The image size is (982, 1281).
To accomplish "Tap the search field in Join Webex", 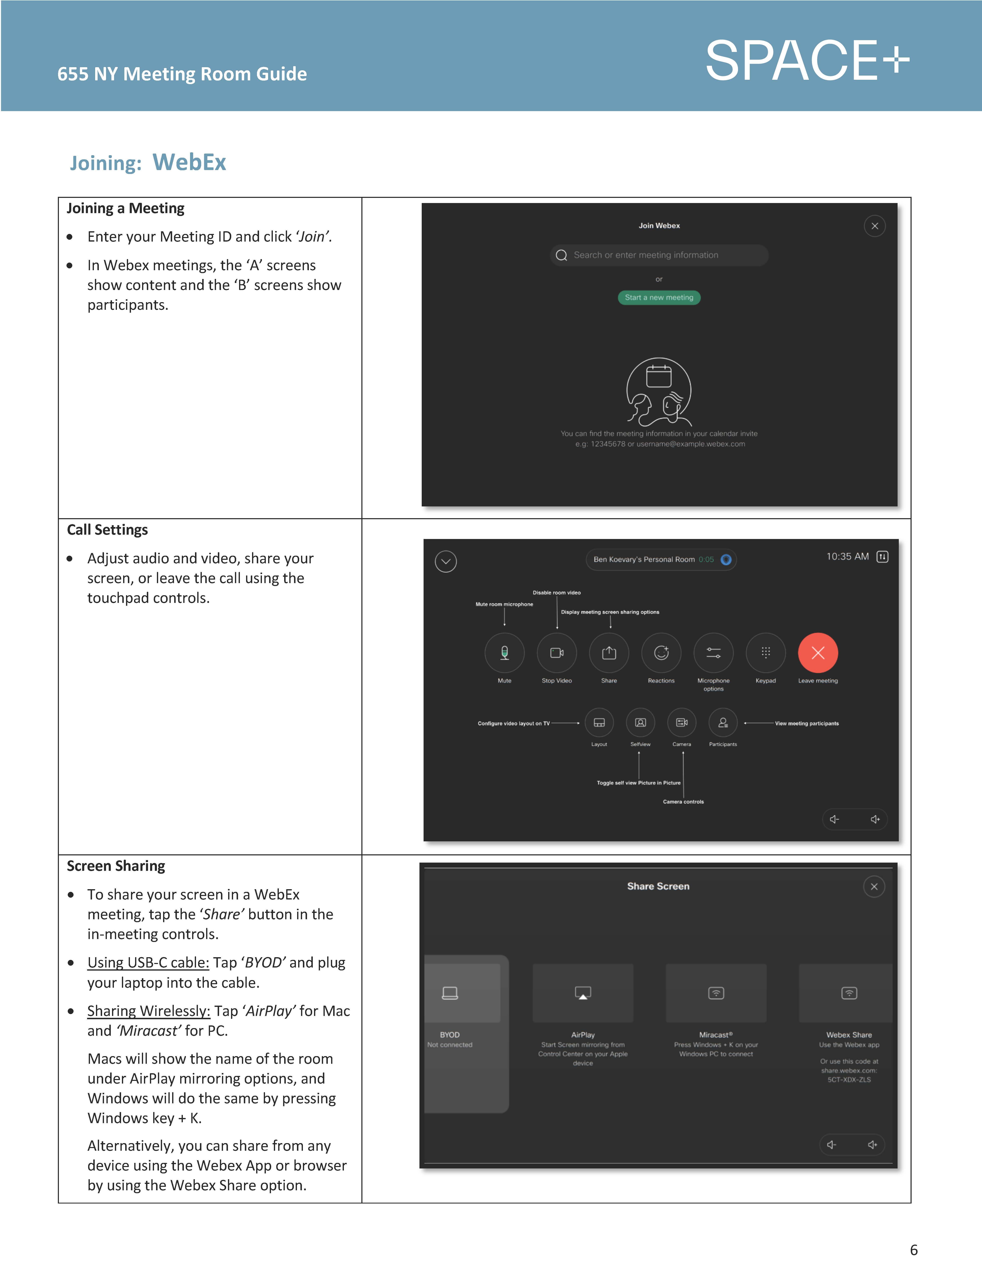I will point(659,255).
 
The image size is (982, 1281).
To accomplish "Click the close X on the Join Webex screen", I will point(875,226).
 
